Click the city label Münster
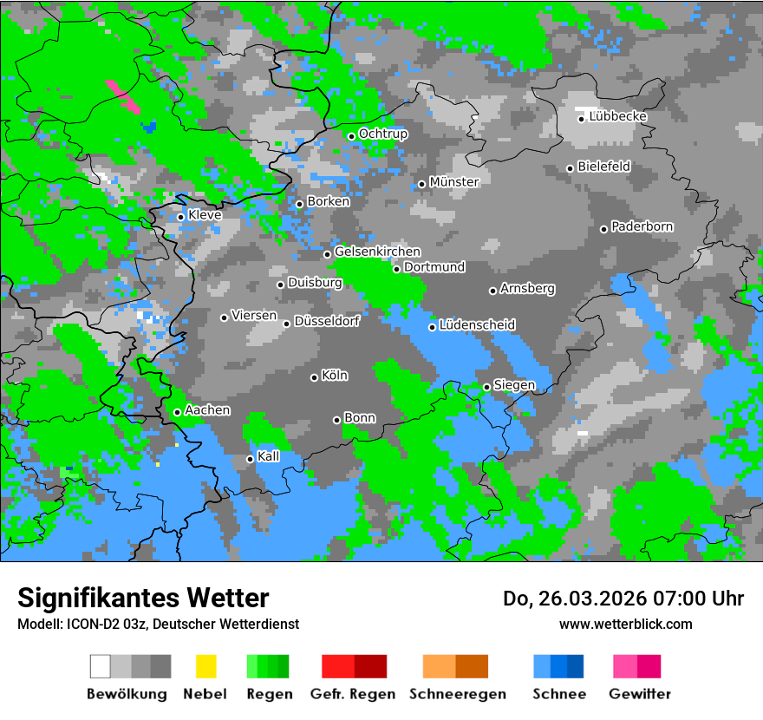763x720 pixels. click(453, 182)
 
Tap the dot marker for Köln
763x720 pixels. click(315, 377)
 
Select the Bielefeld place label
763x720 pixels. click(603, 166)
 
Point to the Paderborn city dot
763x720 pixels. click(604, 229)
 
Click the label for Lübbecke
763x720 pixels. click(617, 116)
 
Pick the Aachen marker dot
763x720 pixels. click(178, 412)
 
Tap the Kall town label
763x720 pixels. click(268, 456)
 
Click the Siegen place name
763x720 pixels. click(514, 384)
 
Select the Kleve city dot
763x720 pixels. click(180, 217)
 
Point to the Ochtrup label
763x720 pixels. click(382, 134)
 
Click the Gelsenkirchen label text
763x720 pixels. click(377, 252)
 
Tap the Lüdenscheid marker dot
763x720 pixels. click(432, 327)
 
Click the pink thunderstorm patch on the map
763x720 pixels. click(122, 95)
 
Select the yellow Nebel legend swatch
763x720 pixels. click(205, 666)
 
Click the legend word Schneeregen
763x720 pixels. click(458, 694)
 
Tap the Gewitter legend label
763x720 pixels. click(640, 694)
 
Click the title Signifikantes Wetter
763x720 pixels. click(143, 598)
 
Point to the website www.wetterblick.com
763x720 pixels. click(626, 624)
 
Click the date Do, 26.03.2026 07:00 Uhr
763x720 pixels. click(623, 599)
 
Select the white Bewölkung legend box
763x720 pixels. click(100, 666)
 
